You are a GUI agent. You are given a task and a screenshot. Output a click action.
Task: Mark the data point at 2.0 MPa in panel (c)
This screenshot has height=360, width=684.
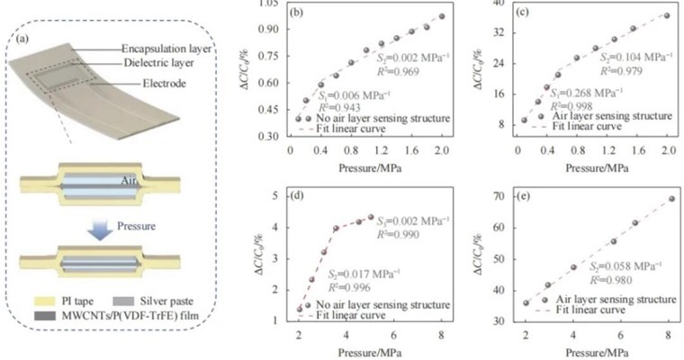click(666, 15)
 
